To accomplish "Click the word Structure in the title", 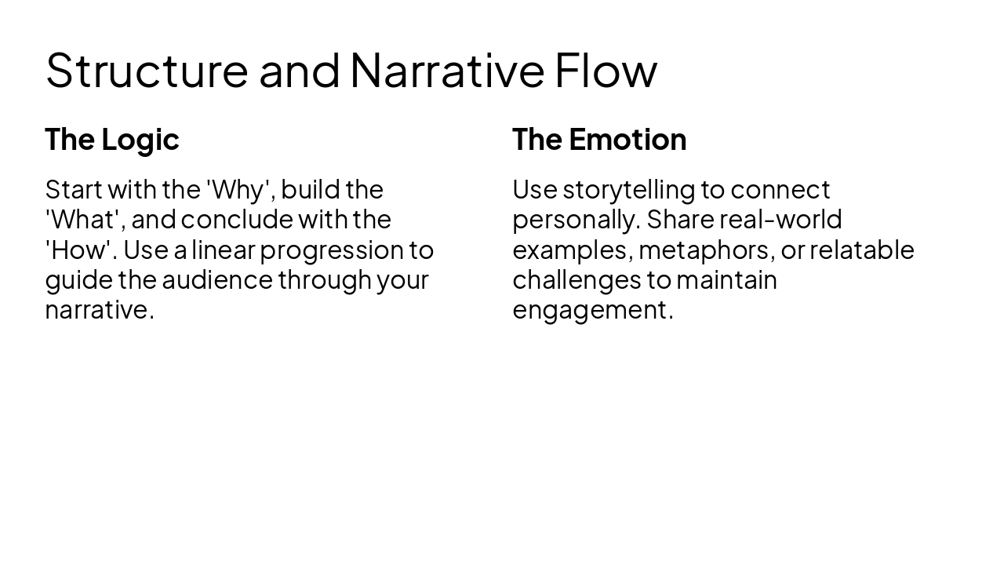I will [x=147, y=70].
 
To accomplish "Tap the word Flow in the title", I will [x=606, y=70].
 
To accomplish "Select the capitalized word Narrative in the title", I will [x=446, y=70].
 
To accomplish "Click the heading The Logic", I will [x=112, y=139].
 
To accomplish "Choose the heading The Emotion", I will [x=599, y=139].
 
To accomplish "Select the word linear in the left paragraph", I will [x=223, y=250].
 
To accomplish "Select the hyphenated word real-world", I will [x=780, y=219].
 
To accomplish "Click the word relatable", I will [x=862, y=250].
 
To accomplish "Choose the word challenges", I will [x=577, y=280].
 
